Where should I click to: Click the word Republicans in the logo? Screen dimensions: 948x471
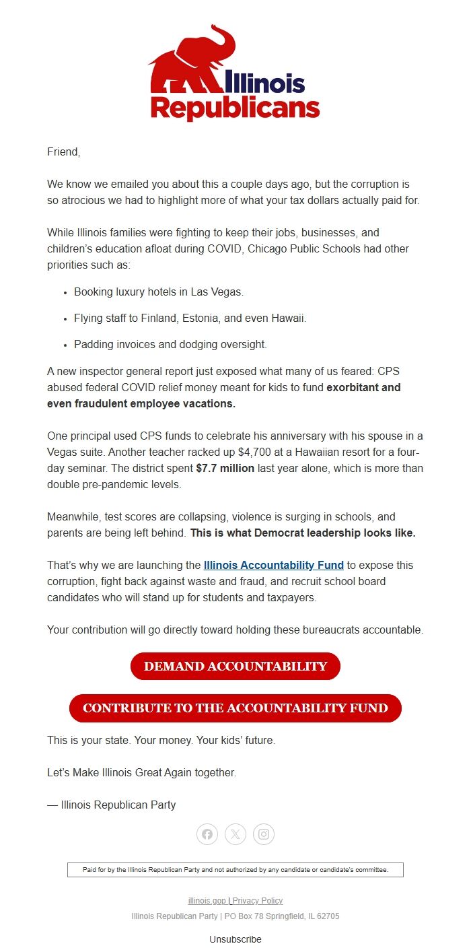click(x=235, y=108)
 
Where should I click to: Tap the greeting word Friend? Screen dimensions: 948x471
click(x=63, y=151)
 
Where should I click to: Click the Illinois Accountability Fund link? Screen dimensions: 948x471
click(x=273, y=565)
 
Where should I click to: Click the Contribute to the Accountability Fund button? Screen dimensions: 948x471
click(x=235, y=708)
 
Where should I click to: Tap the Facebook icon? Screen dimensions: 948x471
click(x=207, y=834)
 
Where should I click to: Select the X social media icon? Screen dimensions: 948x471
click(x=235, y=834)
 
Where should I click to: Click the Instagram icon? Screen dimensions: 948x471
click(x=264, y=834)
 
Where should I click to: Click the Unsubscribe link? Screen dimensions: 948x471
click(x=235, y=939)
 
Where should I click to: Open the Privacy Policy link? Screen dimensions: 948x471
click(x=258, y=901)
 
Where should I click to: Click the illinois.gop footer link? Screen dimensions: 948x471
click(x=207, y=901)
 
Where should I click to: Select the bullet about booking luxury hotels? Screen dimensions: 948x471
click(x=159, y=292)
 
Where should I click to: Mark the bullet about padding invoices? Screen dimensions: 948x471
click(x=170, y=344)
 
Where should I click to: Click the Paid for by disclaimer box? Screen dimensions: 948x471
click(x=235, y=870)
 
